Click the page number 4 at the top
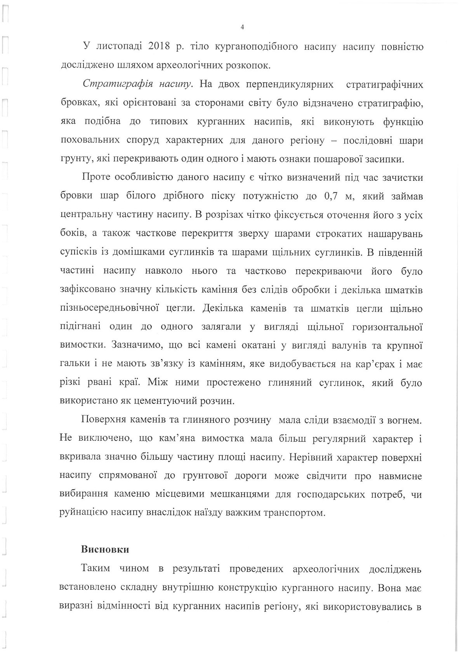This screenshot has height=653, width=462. coord(242,27)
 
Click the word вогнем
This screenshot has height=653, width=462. coord(406,420)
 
